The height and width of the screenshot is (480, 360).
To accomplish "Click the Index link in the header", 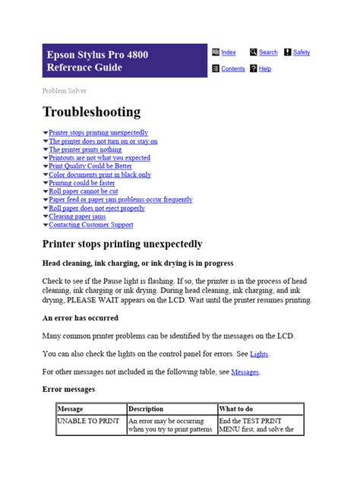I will [229, 52].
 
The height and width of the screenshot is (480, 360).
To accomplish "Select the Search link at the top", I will [268, 52].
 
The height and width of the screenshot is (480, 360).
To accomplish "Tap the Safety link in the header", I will [302, 52].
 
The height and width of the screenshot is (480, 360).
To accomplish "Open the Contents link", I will [232, 68].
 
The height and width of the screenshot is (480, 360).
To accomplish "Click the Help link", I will [264, 68].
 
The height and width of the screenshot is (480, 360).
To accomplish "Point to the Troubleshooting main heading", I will [91, 112].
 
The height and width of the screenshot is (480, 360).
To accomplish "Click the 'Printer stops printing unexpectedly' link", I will [99, 132].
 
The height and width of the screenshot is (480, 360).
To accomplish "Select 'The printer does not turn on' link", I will [103, 141].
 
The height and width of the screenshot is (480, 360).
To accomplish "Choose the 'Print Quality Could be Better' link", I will [90, 166].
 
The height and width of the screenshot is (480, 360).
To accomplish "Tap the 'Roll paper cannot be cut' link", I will [84, 191].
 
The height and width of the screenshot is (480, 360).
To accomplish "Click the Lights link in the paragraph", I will [259, 354].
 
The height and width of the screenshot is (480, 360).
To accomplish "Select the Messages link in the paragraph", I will [245, 372].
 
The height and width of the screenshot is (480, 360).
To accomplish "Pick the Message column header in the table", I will [71, 409].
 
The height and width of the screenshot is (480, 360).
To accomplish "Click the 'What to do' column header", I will [238, 409].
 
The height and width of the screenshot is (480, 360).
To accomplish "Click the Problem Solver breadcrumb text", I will [63, 90].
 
